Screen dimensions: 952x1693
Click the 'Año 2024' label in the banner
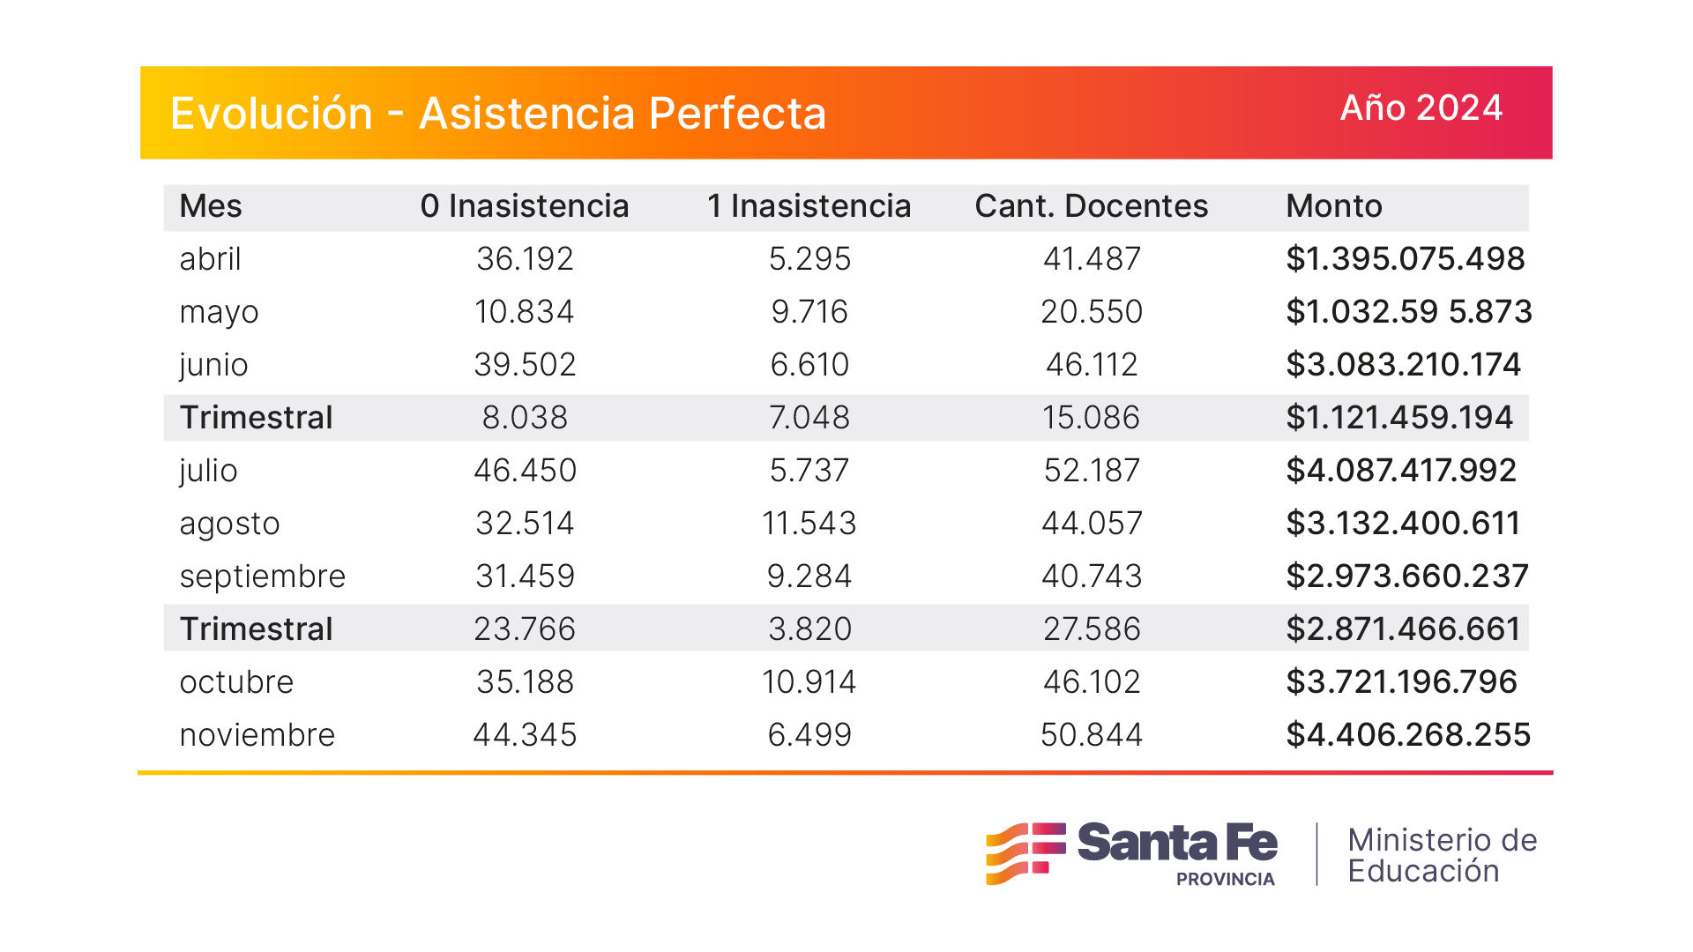pos(1421,108)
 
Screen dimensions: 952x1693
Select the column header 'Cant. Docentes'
pos(1091,206)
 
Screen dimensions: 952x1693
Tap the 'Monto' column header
pos(1333,206)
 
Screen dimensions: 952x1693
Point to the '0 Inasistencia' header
pos(525,206)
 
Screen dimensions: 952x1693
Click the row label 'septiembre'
pos(262,576)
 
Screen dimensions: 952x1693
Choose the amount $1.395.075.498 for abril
pos(1405,259)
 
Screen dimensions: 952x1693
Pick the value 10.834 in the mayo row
pos(525,312)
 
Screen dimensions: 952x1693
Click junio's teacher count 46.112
pos(1092,365)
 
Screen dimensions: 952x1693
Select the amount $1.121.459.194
pos(1398,418)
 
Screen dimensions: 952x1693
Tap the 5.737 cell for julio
pos(809,471)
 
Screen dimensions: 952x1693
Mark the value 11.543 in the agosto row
pos(809,524)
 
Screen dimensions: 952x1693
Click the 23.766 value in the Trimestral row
pos(525,629)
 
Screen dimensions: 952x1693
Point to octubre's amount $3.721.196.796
pos(1401,682)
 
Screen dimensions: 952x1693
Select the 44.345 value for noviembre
pos(525,735)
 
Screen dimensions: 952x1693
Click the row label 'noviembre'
pos(257,735)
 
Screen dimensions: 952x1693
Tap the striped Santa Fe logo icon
pos(1025,852)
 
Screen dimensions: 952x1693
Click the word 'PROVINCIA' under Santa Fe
pos(1225,880)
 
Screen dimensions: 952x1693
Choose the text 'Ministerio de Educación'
pos(1442,855)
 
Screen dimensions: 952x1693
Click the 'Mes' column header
pos(210,206)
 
